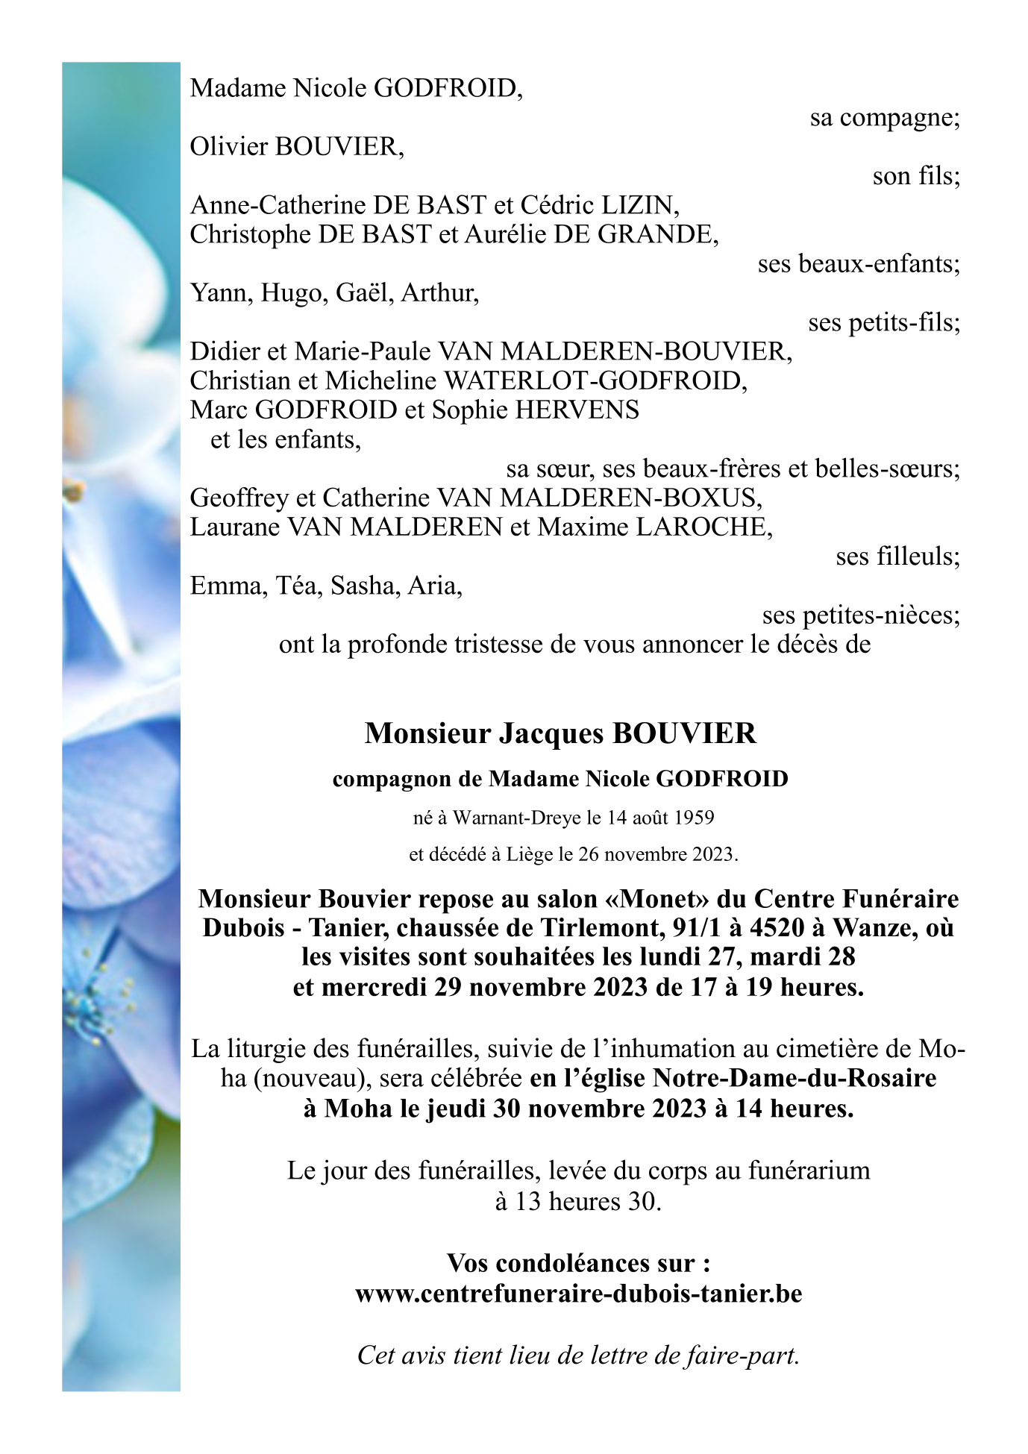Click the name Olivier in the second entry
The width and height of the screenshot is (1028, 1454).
tap(228, 147)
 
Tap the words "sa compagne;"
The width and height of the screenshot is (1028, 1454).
tap(885, 118)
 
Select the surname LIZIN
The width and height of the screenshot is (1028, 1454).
tap(641, 205)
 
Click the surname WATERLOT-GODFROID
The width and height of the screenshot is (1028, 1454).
tap(595, 381)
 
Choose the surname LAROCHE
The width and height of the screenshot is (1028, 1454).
tap(703, 527)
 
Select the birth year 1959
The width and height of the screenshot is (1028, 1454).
tap(694, 818)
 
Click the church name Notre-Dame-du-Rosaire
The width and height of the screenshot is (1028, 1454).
tap(795, 1079)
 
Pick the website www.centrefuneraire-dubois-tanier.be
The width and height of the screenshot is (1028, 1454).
tap(579, 1294)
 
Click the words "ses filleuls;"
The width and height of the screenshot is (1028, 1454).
tap(897, 557)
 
